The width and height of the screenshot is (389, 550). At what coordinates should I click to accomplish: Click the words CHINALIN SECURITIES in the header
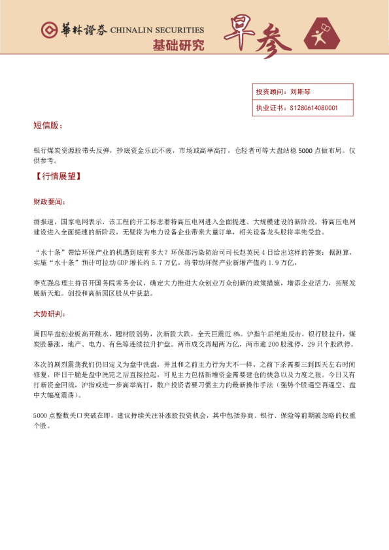[157, 30]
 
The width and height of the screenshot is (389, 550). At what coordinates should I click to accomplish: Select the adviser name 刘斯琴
[301, 92]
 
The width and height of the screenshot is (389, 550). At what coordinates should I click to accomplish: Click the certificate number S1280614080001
[314, 108]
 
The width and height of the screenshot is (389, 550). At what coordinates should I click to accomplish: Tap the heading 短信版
[48, 125]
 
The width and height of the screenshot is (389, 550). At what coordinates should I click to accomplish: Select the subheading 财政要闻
[48, 202]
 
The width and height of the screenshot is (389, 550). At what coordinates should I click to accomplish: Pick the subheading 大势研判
[48, 314]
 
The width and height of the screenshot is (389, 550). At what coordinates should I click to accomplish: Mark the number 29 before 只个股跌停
[311, 343]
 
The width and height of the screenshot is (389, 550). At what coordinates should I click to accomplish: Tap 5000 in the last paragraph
[42, 416]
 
